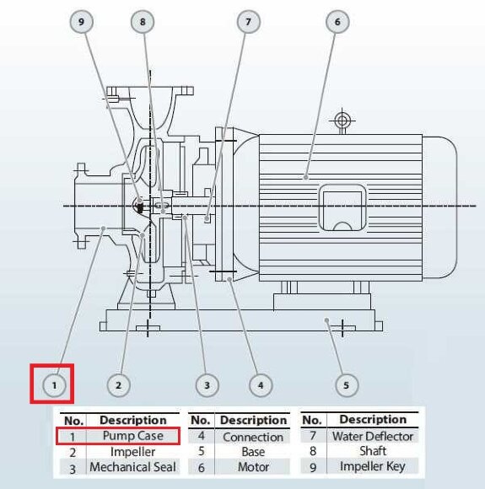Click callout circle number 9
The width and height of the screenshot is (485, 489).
tap(82, 23)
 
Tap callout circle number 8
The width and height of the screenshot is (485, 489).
tap(143, 23)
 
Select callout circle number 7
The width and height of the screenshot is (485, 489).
tap(248, 23)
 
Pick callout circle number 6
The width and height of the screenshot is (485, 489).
tap(337, 23)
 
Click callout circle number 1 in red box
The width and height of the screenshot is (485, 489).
tap(54, 384)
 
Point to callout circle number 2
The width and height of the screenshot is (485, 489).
tap(119, 384)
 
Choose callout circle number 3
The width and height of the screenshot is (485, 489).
tap(207, 384)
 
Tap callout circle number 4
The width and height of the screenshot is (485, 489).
tap(261, 384)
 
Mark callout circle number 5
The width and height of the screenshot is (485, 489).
tap(346, 384)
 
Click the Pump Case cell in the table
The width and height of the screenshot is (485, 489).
tap(133, 436)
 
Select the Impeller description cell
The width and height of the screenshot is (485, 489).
tap(133, 452)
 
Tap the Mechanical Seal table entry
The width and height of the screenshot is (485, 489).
tap(133, 467)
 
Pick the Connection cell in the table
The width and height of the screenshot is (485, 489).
tap(253, 437)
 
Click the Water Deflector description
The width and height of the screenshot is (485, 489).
tap(372, 436)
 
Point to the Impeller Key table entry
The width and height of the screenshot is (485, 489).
tap(372, 466)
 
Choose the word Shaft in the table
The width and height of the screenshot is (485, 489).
tap(372, 451)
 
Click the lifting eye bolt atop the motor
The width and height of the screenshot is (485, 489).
tap(342, 121)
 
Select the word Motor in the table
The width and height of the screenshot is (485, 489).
tap(253, 467)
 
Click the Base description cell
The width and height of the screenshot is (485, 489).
tap(253, 452)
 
